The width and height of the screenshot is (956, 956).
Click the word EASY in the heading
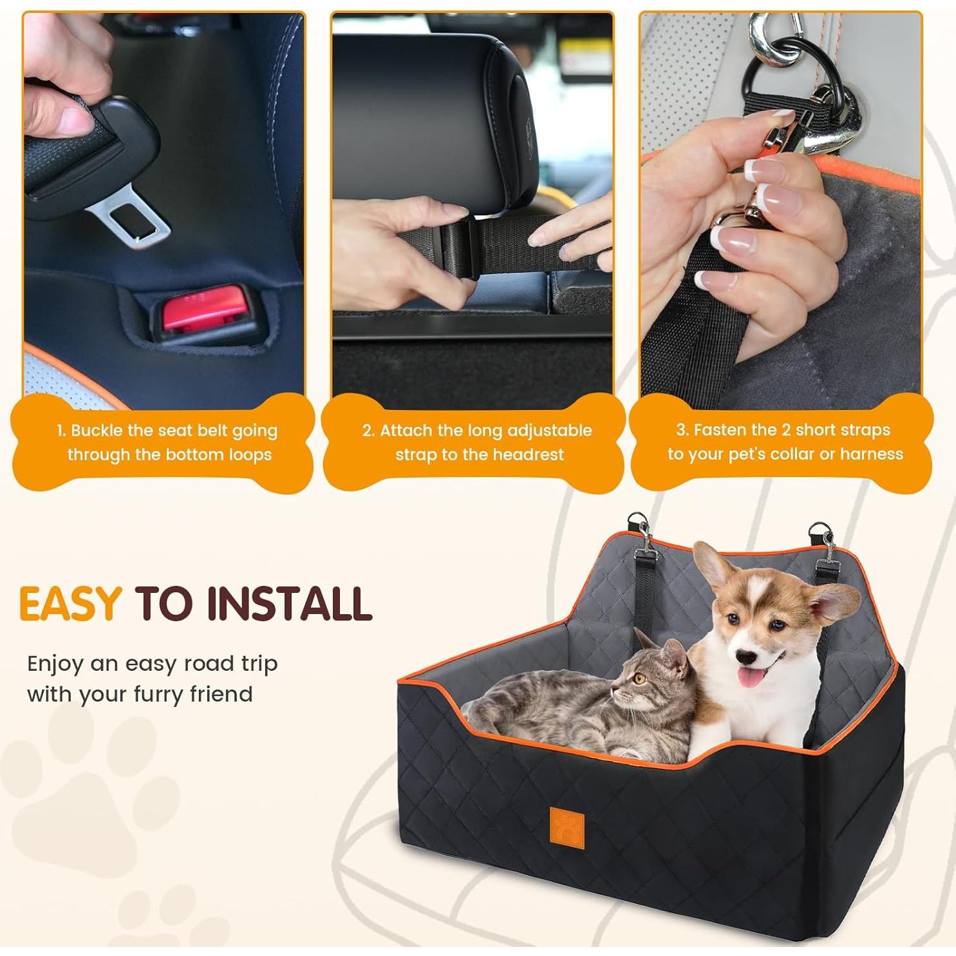70,604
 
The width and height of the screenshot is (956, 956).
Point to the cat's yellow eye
639,678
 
